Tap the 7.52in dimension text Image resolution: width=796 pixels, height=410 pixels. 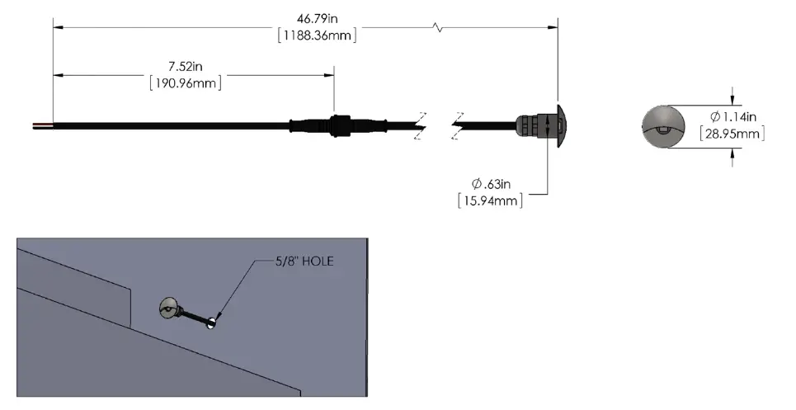[x=183, y=66]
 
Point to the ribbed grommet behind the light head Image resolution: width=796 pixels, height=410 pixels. [x=530, y=126]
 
